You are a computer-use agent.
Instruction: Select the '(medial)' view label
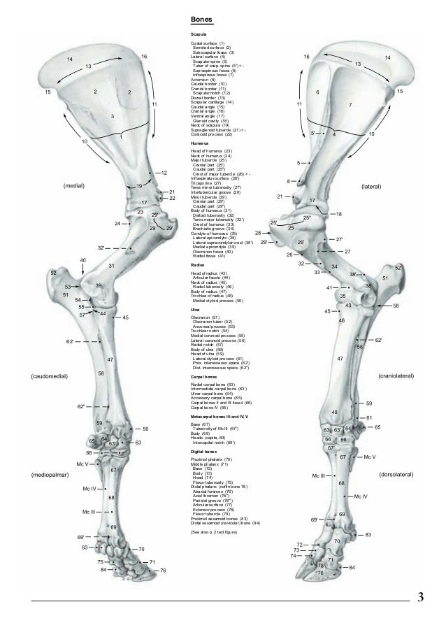tap(73, 187)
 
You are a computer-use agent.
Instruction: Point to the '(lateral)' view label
tap(371, 187)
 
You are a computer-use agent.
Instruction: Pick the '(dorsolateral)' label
tap(397, 475)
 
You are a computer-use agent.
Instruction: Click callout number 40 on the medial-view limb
tap(82, 260)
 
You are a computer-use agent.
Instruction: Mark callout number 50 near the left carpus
tap(145, 428)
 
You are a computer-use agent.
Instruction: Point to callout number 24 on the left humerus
tap(117, 224)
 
